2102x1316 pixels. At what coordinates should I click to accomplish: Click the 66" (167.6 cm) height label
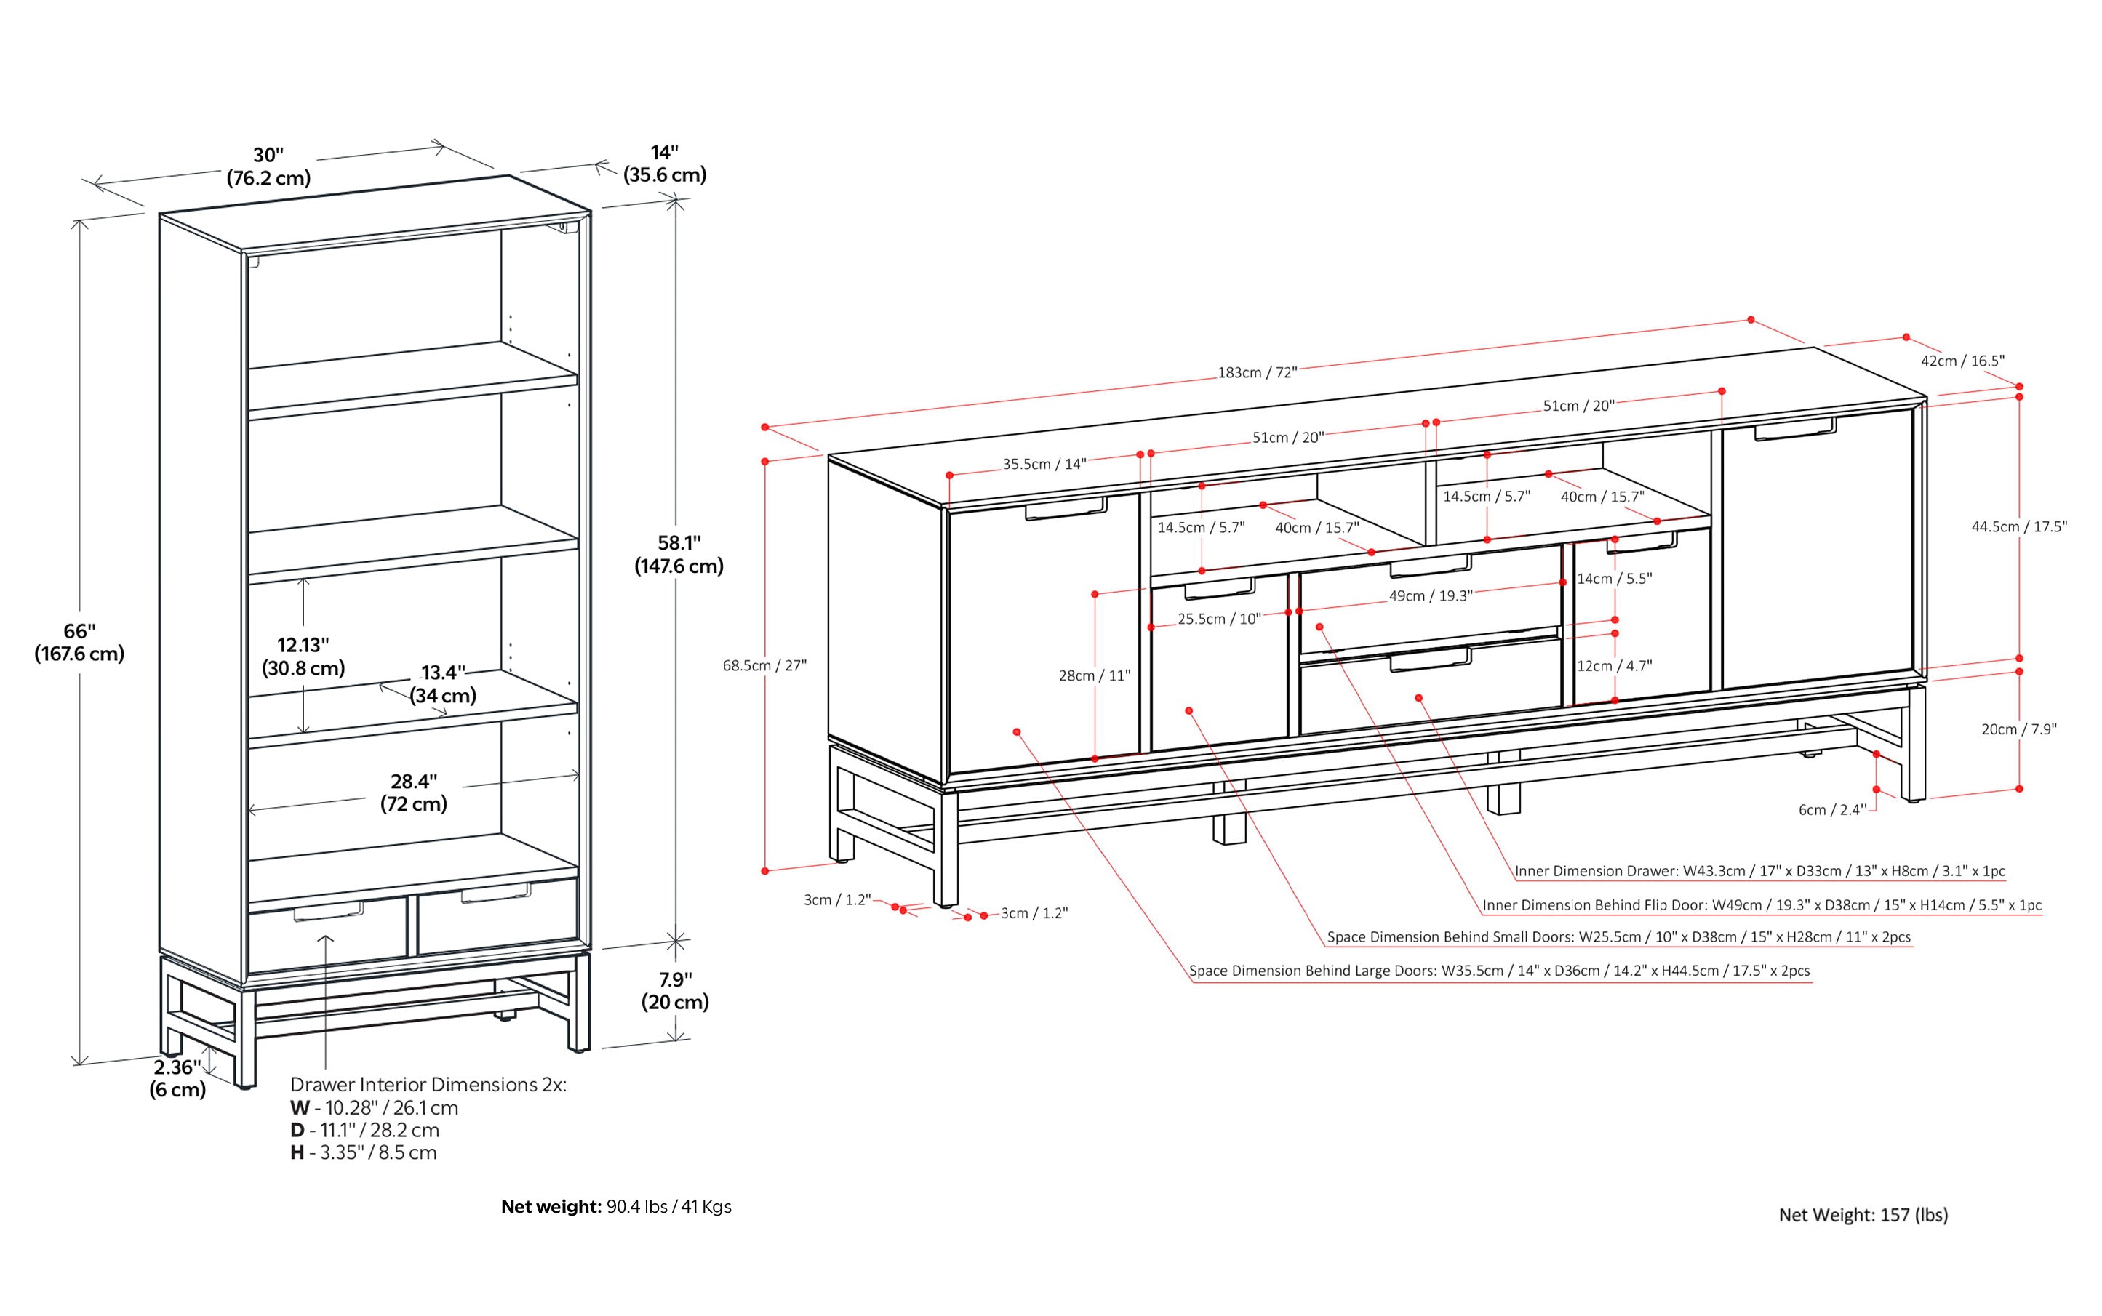tap(79, 642)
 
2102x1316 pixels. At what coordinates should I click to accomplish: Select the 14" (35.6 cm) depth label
tap(664, 164)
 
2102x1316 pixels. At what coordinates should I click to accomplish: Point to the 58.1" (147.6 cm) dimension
tap(679, 555)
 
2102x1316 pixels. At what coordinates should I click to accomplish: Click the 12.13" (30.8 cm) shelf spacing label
tap(303, 657)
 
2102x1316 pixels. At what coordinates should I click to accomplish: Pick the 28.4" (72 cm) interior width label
tap(414, 792)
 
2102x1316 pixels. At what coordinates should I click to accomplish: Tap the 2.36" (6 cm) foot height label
tap(177, 1078)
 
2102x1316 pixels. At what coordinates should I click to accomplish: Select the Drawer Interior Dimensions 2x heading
tap(428, 1085)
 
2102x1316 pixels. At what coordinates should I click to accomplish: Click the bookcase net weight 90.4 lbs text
tap(615, 1206)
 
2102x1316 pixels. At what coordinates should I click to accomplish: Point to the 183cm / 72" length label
tap(1257, 372)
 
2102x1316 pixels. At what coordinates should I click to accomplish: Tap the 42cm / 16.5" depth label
tap(1962, 361)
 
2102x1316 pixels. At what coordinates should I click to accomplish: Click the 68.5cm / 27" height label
tap(764, 666)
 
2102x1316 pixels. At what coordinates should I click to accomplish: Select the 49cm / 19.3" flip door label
tap(1430, 596)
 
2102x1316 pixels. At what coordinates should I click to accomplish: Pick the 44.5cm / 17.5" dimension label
tap(2018, 526)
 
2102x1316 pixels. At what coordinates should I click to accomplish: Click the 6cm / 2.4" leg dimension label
tap(1832, 809)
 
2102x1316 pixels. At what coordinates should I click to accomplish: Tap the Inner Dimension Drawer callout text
tap(1759, 870)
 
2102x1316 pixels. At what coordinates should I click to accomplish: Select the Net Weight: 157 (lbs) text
tap(1863, 1215)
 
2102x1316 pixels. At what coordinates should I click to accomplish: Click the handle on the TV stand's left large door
tap(1065, 509)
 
